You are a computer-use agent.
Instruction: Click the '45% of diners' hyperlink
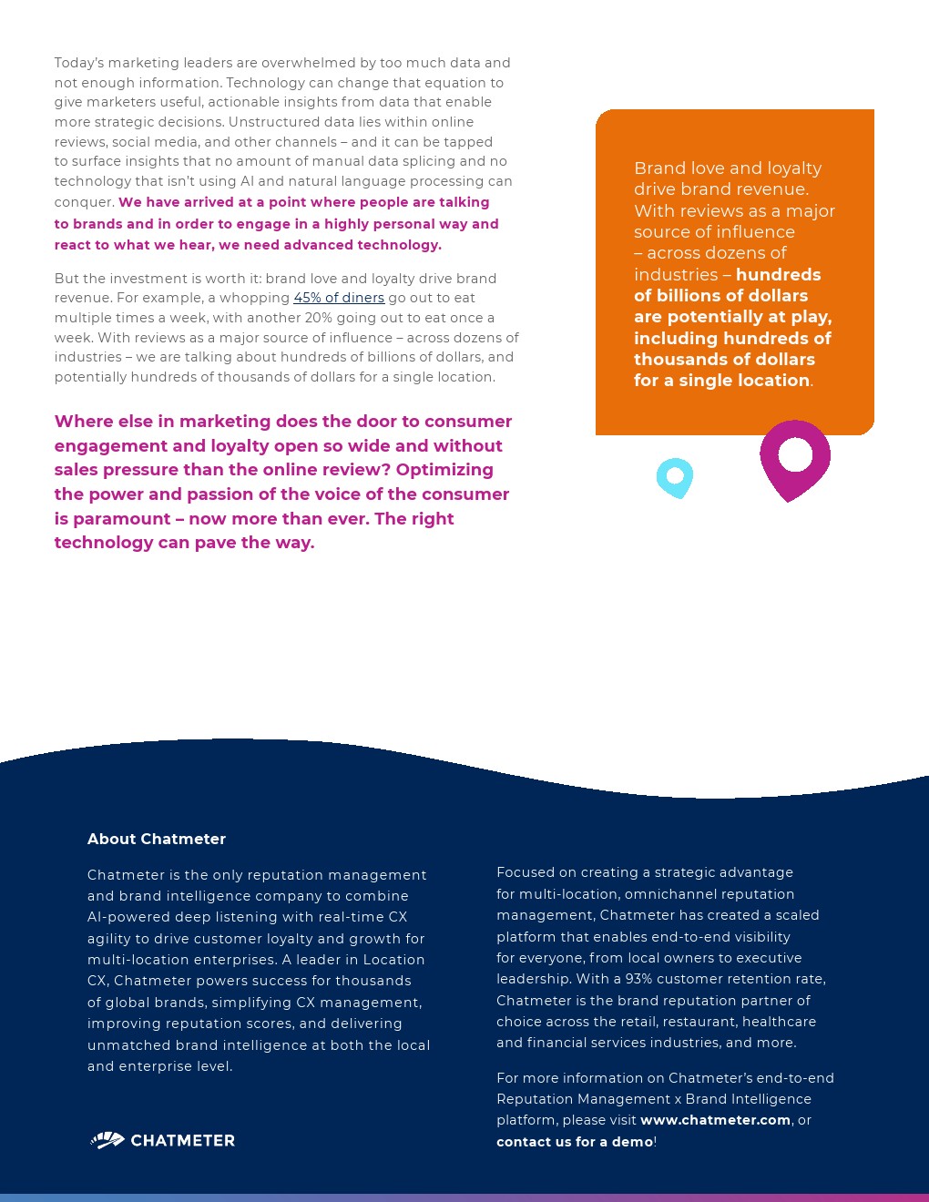(x=339, y=298)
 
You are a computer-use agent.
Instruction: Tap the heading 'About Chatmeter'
(x=157, y=839)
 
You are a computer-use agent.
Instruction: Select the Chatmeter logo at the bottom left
(x=163, y=1140)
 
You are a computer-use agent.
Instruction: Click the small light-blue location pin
(x=675, y=476)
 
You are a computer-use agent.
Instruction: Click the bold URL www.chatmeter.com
(x=715, y=1120)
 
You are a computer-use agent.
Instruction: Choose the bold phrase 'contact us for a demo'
(x=575, y=1142)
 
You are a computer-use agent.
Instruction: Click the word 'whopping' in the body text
(x=259, y=298)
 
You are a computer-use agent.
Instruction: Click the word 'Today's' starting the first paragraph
(x=79, y=63)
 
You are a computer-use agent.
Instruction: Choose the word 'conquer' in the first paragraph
(x=84, y=202)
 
